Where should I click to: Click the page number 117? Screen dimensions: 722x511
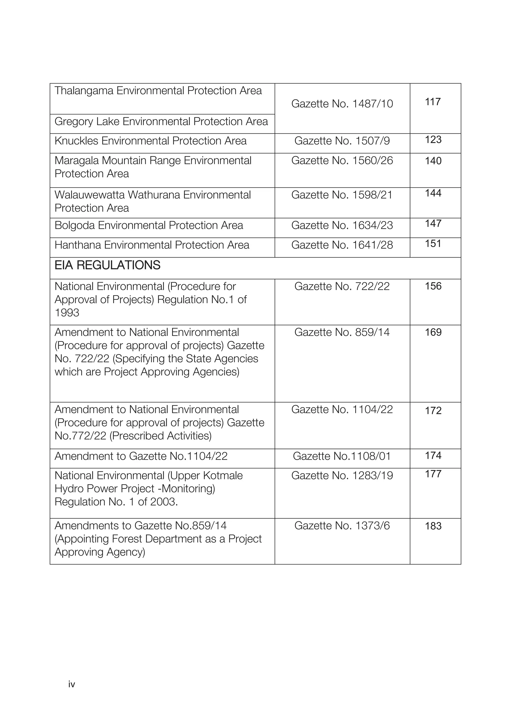click(x=433, y=102)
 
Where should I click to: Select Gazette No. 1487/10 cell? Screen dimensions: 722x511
click(x=342, y=104)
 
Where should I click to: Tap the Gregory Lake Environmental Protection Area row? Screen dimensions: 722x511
click(x=161, y=122)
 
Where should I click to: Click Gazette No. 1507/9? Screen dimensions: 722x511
click(x=342, y=141)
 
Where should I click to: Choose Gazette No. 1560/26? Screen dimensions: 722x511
click(x=342, y=161)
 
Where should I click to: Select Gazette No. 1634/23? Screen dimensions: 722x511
click(x=342, y=225)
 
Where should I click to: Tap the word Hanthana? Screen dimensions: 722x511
click(x=78, y=245)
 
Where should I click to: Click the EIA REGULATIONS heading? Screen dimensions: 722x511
click(x=107, y=266)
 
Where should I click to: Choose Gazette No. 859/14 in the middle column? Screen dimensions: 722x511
click(x=342, y=332)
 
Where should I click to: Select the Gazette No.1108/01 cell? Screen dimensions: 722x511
click(x=342, y=456)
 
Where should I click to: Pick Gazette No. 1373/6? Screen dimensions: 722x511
click(x=342, y=526)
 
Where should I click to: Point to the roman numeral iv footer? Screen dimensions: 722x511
click(x=72, y=684)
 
